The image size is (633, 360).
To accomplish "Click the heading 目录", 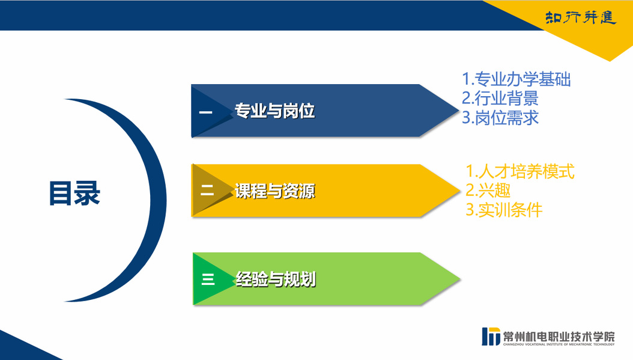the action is (x=74, y=193).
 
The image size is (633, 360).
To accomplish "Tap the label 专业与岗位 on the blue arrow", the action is (x=274, y=111).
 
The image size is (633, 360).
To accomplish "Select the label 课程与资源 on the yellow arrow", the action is (x=274, y=191).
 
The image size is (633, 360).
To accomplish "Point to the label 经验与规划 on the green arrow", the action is (x=276, y=279).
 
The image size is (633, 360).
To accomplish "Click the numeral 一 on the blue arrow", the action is (x=205, y=112).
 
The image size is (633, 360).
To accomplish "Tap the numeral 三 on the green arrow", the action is (x=208, y=279).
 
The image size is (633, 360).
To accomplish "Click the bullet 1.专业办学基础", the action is (x=516, y=79).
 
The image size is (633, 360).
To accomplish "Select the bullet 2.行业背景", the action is (x=500, y=98).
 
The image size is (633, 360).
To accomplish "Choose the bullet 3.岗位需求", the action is (x=500, y=118).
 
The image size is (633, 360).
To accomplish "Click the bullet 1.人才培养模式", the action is (x=520, y=171).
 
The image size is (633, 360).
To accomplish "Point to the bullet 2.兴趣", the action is (x=488, y=191).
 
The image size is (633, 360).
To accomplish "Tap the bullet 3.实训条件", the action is (x=504, y=210).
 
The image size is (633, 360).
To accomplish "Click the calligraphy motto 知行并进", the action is (x=581, y=17).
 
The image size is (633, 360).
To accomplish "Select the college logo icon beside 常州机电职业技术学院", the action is (x=491, y=336).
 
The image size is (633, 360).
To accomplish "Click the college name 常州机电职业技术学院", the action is (x=559, y=335).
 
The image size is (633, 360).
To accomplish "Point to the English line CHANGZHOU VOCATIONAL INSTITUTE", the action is (x=559, y=344).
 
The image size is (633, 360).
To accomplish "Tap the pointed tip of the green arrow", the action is (x=460, y=278).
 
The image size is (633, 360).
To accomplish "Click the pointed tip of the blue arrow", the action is (x=459, y=110).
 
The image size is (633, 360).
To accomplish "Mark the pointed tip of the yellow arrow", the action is (x=460, y=191).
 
